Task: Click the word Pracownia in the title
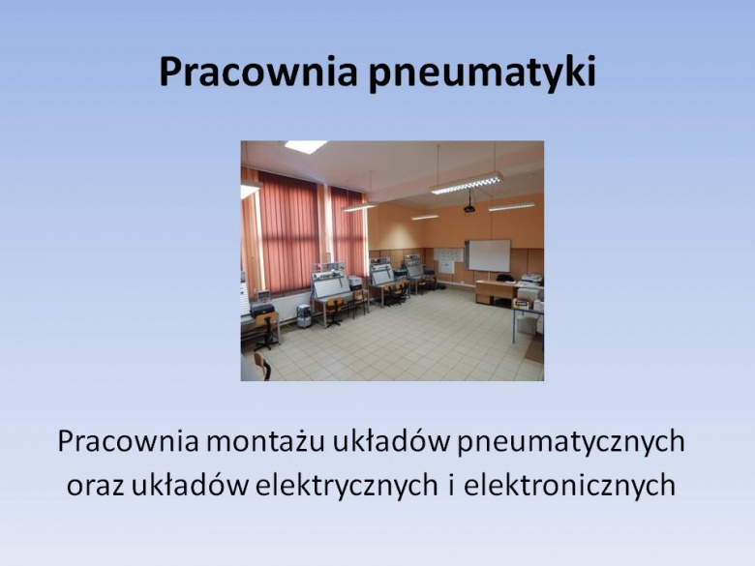pos(258,72)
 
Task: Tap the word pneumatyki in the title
pos(482,74)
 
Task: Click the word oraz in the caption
pos(95,486)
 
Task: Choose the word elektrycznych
pos(347,485)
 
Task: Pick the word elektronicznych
pos(569,485)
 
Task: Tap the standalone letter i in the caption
pos(451,484)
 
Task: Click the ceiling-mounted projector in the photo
pos(469,208)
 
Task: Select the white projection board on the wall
pos(489,255)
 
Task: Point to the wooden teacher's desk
pos(496,291)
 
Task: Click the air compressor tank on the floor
pos(304,316)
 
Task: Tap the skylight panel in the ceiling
pos(305,146)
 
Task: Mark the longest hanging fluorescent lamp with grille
pos(467,183)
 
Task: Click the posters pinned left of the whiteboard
pos(448,261)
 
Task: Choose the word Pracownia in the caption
pos(128,441)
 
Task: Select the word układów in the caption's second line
pos(190,485)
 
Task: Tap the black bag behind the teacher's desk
pos(504,278)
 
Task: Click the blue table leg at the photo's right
pos(514,326)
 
